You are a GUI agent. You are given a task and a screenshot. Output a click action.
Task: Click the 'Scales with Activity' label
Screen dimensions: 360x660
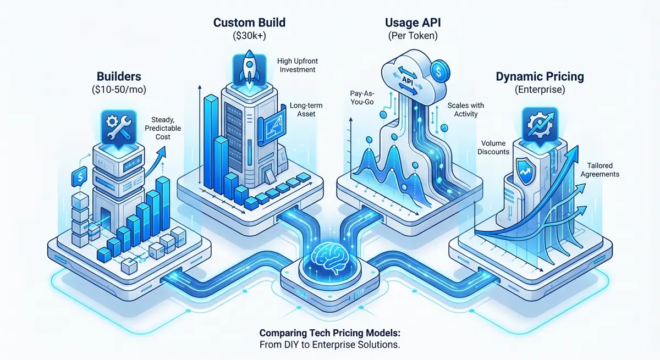pos(462,109)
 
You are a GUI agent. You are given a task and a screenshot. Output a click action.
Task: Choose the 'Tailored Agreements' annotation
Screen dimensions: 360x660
pos(599,169)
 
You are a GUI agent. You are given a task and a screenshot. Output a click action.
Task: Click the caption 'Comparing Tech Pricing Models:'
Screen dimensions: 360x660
pos(329,334)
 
